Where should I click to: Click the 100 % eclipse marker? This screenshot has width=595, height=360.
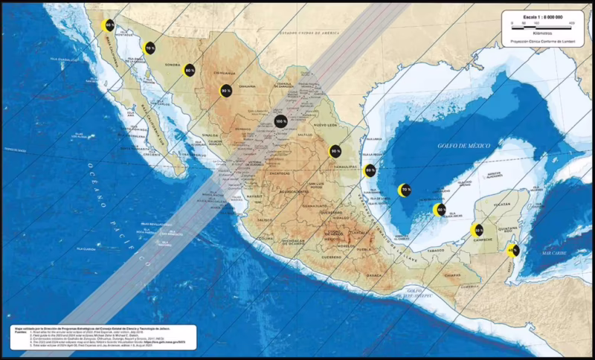(x=280, y=121)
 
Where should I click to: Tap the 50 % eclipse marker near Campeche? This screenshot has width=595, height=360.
(x=478, y=231)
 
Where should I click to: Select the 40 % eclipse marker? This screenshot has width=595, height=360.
(x=512, y=250)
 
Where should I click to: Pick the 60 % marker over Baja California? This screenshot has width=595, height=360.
(x=109, y=26)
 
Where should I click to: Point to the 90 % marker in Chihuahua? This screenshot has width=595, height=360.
(x=225, y=91)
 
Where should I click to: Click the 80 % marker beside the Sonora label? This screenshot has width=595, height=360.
(x=190, y=71)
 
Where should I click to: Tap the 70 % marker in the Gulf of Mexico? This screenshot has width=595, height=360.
(x=405, y=190)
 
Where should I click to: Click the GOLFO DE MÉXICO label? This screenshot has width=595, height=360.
(x=463, y=146)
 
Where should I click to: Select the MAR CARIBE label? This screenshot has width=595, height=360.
(x=554, y=254)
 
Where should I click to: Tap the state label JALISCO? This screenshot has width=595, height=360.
(x=264, y=220)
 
